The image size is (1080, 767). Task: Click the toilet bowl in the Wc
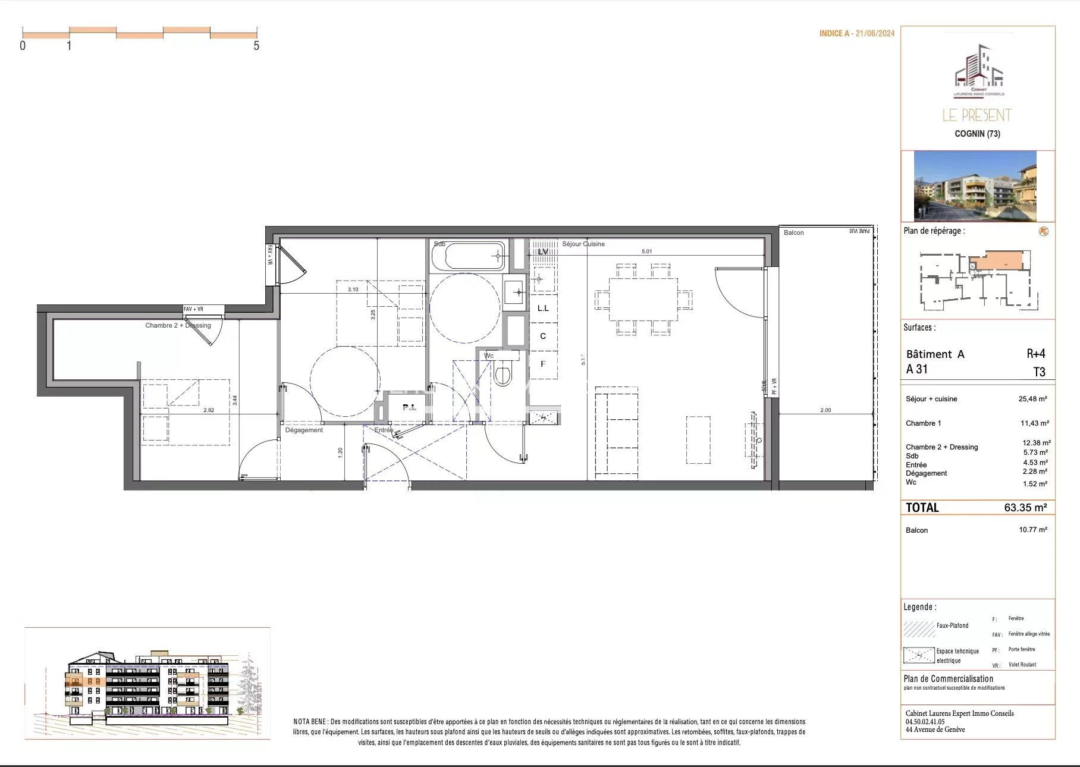(503, 374)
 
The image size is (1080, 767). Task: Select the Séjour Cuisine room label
(583, 244)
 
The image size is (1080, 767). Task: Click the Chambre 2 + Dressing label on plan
(178, 325)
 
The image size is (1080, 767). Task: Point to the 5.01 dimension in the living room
(646, 252)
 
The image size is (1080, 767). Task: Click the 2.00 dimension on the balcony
(825, 410)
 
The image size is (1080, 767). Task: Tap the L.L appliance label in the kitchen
(542, 308)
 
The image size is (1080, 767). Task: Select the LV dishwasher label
(542, 252)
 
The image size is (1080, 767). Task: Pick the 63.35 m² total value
(1025, 507)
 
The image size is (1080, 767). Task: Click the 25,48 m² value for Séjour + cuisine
(1032, 399)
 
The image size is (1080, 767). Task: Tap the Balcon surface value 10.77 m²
(1032, 529)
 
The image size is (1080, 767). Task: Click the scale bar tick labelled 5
(256, 46)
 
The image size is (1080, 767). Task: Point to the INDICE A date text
(856, 34)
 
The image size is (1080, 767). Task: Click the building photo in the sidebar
(975, 186)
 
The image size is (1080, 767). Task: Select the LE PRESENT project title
(977, 115)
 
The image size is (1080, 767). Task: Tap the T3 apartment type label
(1039, 372)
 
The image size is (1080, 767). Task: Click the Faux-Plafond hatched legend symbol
(919, 629)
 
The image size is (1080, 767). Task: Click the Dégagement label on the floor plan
(304, 430)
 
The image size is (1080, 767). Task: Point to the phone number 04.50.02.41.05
(925, 721)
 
